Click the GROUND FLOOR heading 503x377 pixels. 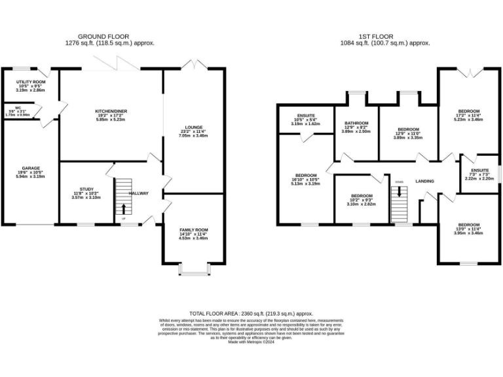tap(103, 36)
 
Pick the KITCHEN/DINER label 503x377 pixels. tap(111, 112)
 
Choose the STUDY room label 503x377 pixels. tap(83, 189)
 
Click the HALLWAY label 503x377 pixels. tap(139, 193)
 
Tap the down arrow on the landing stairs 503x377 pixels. tap(398, 194)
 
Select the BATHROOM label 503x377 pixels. tap(357, 123)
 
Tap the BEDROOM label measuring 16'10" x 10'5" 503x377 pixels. tap(306, 175)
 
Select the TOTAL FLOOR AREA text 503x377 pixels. tap(251, 314)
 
